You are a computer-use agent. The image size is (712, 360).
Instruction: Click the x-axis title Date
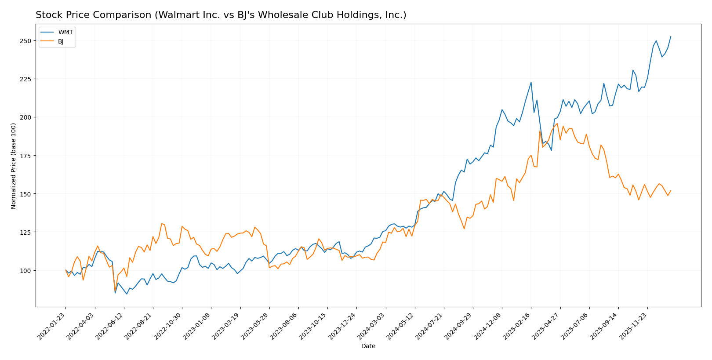point(368,346)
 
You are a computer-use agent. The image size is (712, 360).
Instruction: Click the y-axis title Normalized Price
point(14,166)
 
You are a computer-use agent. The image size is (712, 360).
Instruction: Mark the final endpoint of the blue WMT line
point(671,36)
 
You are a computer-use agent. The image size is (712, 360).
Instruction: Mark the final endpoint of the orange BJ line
point(671,190)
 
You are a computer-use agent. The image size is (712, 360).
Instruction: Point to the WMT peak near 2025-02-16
point(531,82)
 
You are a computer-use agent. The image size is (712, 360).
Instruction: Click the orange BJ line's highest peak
point(557,124)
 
